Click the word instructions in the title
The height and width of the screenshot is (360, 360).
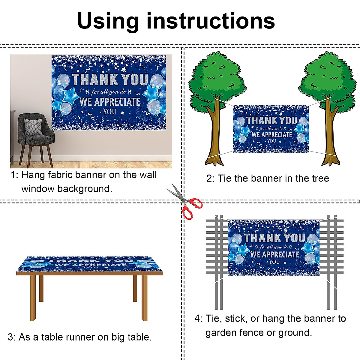211,21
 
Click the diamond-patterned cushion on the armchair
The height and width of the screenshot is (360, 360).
33,127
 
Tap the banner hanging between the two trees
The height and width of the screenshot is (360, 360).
271,129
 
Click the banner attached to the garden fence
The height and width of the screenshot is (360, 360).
274,247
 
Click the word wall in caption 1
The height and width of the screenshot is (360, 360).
148,175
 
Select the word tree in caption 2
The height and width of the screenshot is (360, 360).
320,178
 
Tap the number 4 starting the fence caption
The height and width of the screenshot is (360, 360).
197,319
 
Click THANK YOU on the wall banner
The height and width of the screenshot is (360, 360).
110,79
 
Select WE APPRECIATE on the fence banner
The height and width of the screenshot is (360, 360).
274,255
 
